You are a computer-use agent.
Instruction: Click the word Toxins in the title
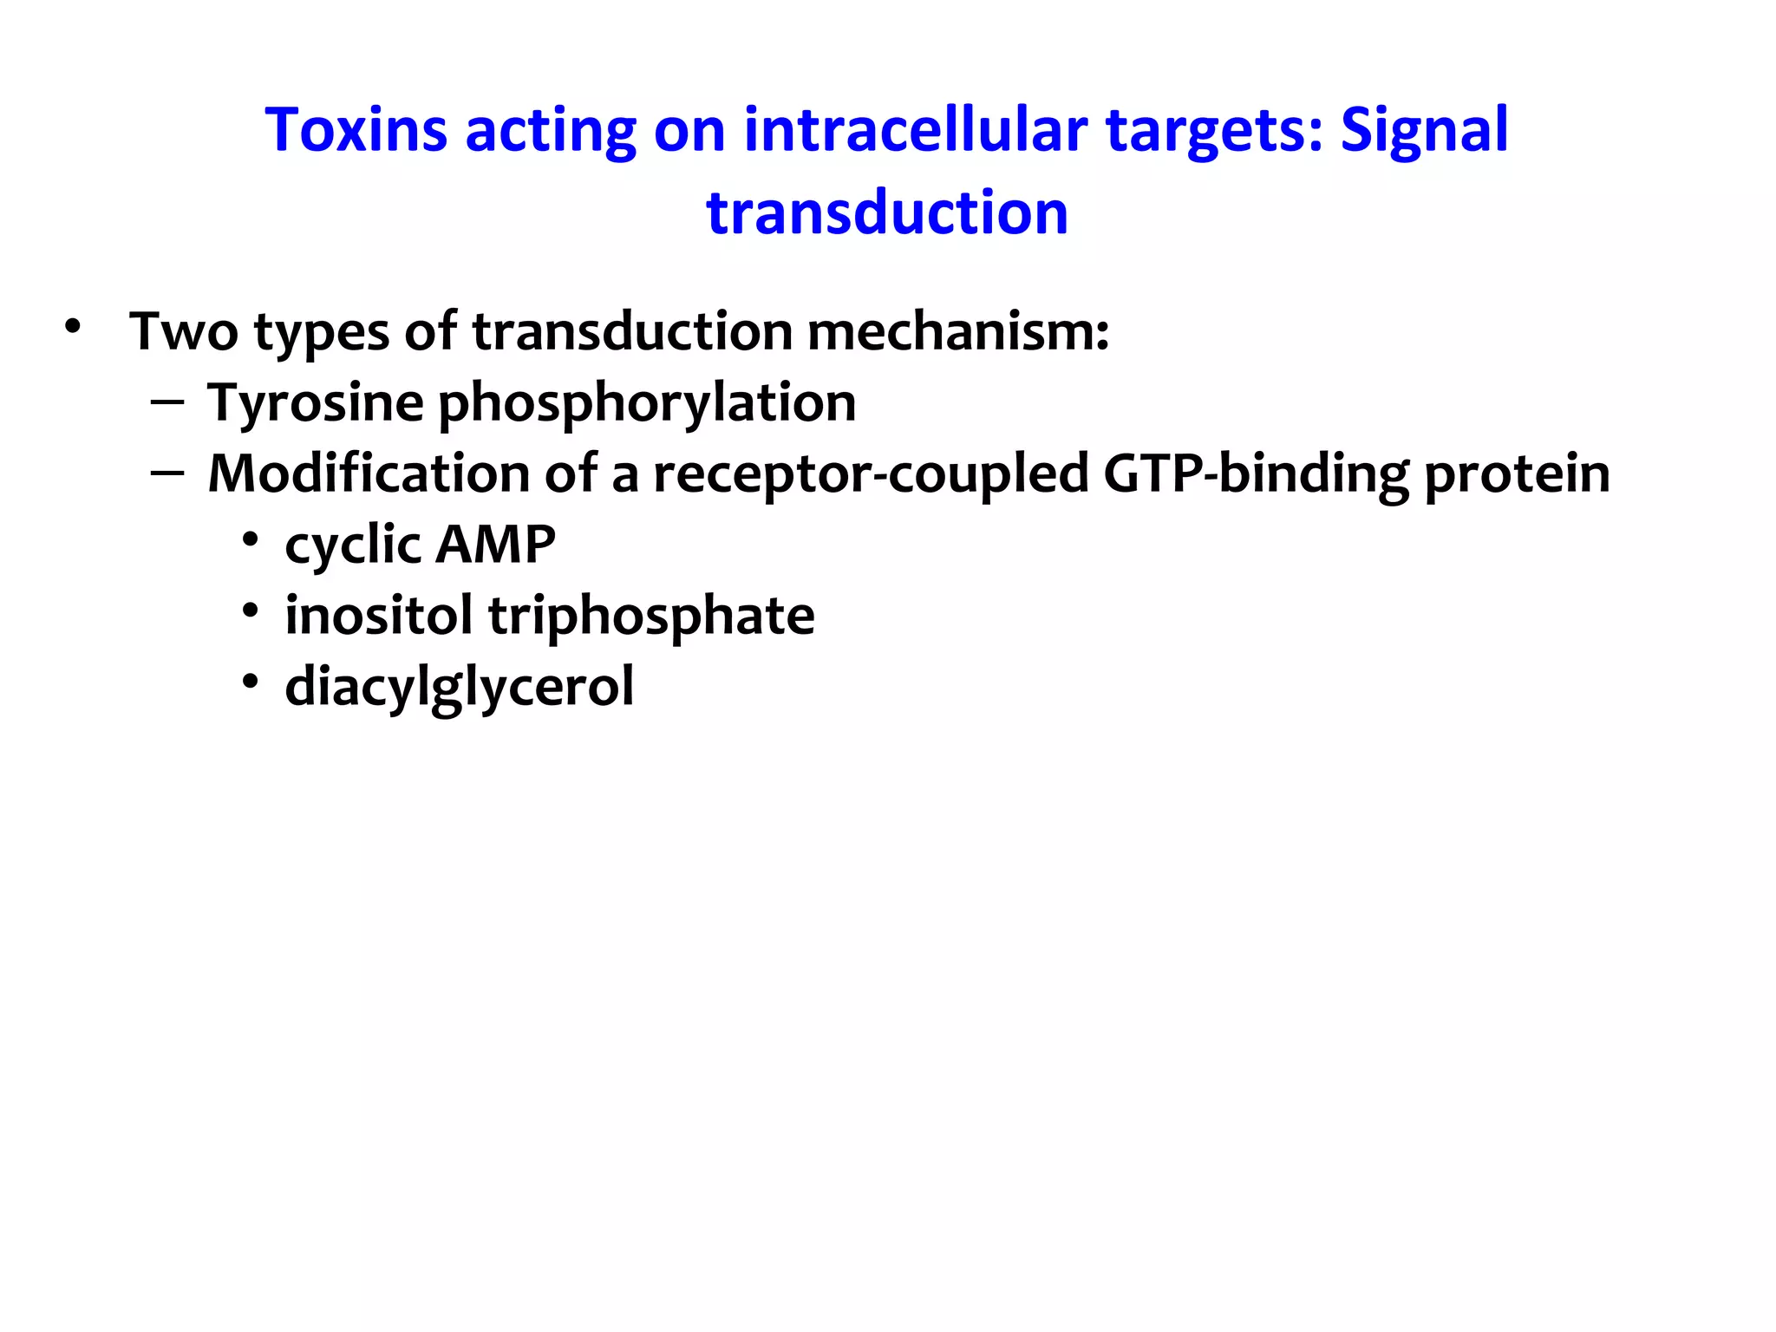(x=355, y=130)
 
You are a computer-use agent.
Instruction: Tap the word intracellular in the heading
(x=915, y=130)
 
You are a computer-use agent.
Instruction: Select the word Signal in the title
(x=1424, y=130)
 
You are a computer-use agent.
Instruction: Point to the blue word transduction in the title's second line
(x=887, y=213)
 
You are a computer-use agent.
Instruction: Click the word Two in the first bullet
(x=183, y=331)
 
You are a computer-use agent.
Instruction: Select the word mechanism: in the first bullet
(x=957, y=331)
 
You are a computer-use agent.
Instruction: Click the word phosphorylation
(x=647, y=404)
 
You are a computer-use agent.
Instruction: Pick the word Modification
(x=369, y=474)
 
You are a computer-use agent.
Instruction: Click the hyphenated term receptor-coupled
(x=870, y=475)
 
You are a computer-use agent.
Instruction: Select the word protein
(x=1517, y=475)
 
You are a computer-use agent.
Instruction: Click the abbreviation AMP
(x=495, y=545)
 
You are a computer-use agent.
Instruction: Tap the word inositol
(x=379, y=616)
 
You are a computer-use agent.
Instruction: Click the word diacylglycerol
(x=460, y=688)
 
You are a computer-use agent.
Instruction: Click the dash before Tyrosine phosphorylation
(x=166, y=402)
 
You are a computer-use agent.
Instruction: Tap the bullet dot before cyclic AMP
(x=251, y=540)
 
